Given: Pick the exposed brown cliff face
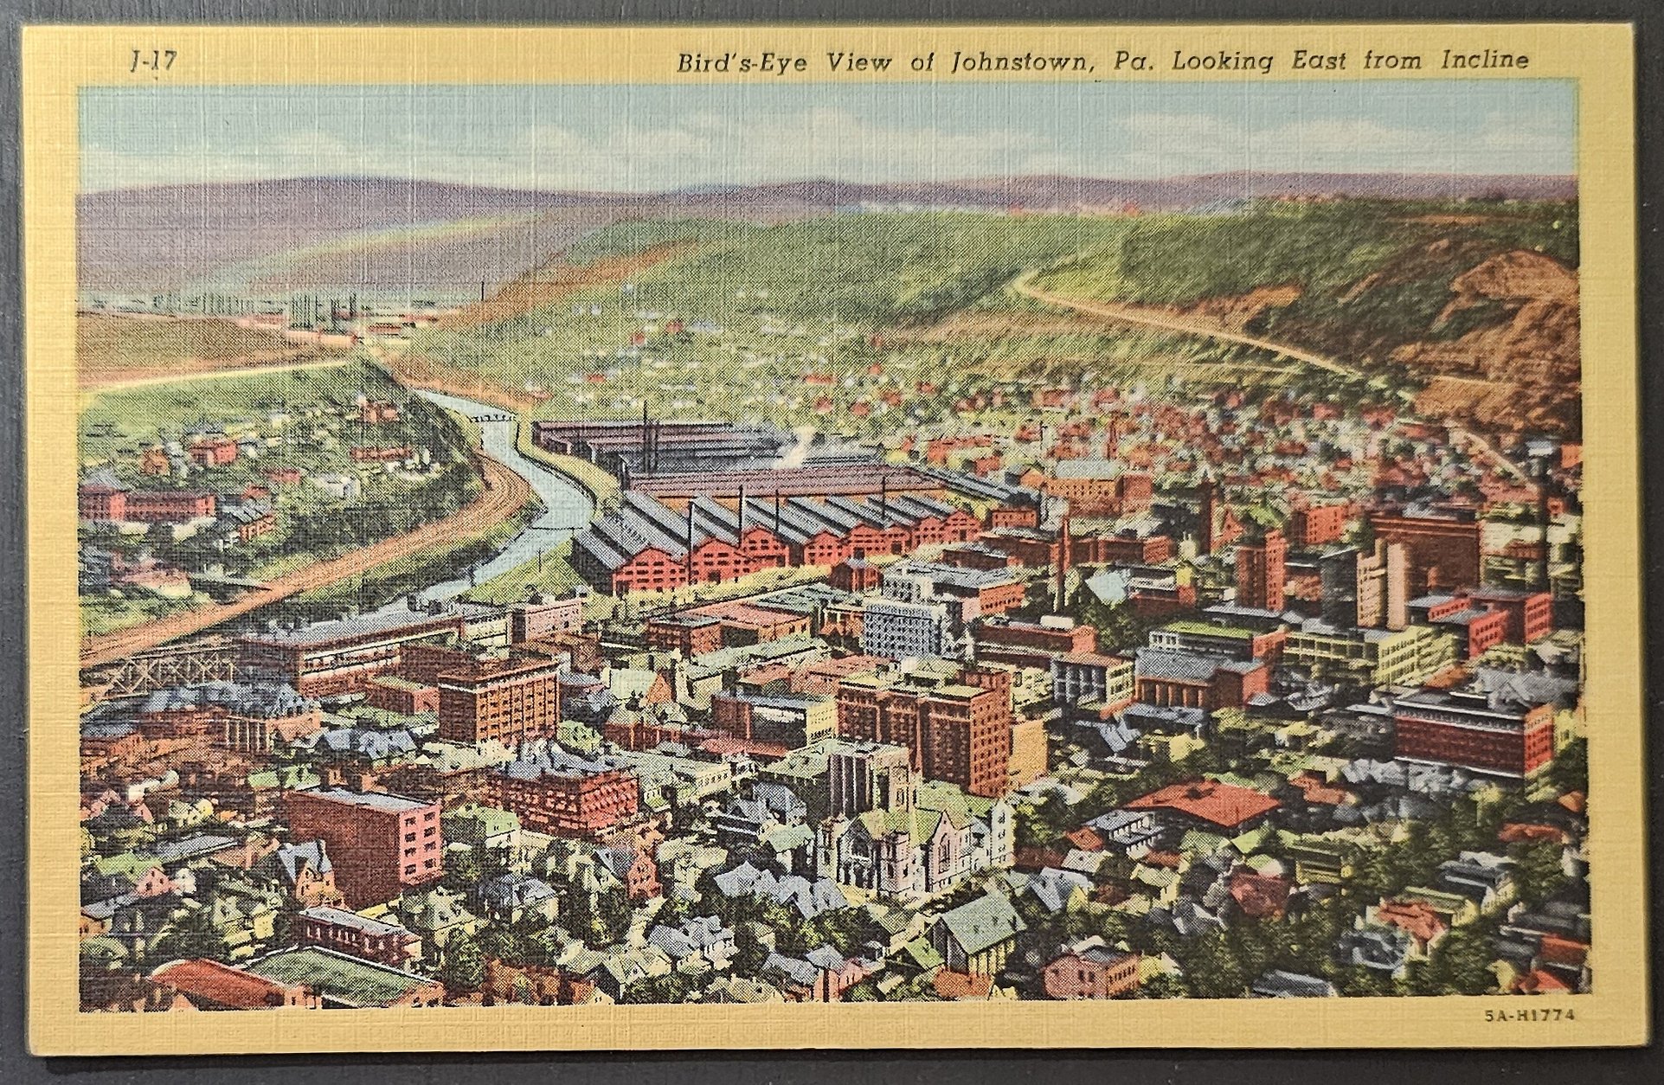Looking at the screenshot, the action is pyautogui.click(x=1506, y=329).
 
